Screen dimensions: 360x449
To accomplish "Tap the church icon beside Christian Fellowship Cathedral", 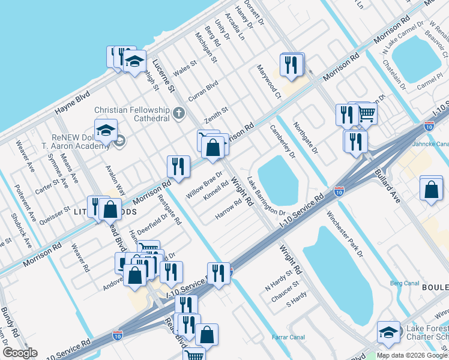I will pos(178,113).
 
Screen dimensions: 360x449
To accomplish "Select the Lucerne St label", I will pos(163,77).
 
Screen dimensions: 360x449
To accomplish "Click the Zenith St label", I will pos(217,112).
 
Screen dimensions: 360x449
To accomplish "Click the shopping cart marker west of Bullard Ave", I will pos(366,113).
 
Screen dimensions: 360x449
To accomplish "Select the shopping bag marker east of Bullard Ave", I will pos(431,189).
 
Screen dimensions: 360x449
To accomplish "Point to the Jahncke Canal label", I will pos(430,144).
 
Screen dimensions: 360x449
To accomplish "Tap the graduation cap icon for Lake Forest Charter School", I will pos(388,332).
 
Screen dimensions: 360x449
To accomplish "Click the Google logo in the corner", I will pos(20,352).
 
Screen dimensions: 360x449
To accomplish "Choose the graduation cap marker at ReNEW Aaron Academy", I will pos(106,131).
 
